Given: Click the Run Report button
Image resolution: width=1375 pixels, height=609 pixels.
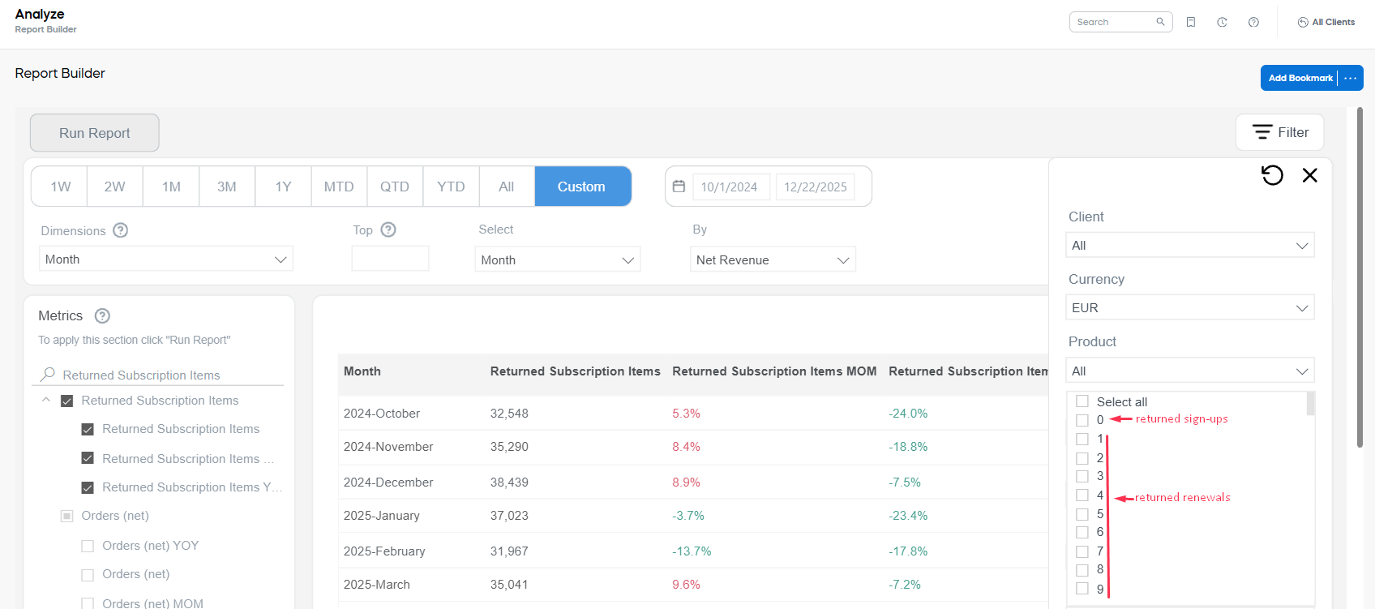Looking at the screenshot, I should tap(94, 133).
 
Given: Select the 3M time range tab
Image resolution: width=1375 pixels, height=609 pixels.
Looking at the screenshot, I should tap(227, 187).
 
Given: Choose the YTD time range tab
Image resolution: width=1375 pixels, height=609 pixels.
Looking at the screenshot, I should tap(451, 187).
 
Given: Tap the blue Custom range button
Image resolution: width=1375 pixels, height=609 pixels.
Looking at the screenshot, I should tap(582, 187).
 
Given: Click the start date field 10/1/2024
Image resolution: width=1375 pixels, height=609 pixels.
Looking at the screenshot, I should tap(730, 187).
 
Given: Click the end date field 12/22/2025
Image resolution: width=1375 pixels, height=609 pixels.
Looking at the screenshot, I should tap(815, 187).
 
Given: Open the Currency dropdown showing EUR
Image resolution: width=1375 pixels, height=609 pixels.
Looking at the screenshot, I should tap(1189, 308).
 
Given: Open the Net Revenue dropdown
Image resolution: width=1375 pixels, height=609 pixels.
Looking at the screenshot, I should tap(772, 260).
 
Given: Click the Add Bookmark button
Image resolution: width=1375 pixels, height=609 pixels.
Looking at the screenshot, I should tap(1300, 78).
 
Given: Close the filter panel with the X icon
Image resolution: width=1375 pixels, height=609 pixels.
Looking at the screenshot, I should tap(1309, 175).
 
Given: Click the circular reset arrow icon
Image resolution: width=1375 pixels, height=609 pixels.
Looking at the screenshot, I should tap(1272, 175).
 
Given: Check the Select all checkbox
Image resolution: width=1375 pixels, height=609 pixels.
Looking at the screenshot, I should tap(1082, 401).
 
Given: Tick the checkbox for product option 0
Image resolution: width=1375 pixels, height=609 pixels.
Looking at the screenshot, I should tap(1082, 420).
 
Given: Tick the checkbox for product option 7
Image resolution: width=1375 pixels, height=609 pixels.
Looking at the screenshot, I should tap(1082, 551).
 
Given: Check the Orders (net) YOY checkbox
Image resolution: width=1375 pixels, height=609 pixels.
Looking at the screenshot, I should tap(88, 546).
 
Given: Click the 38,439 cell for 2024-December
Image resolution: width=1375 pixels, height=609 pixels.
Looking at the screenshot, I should tap(509, 482).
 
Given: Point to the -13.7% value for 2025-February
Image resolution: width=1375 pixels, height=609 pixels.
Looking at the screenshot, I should tap(692, 551).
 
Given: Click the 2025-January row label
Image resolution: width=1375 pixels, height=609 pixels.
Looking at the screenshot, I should tap(381, 516).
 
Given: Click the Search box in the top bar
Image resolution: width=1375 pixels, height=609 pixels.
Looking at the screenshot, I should tap(1114, 22).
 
